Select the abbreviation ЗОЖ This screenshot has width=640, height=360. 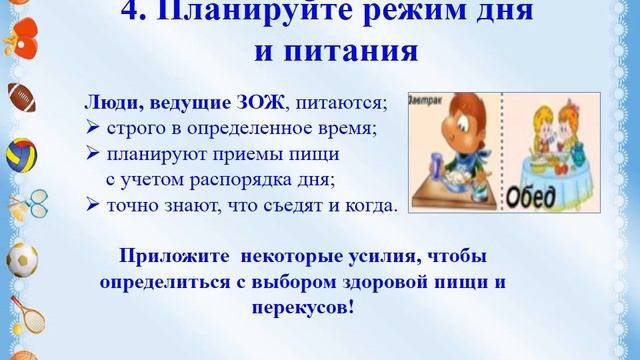click(247, 101)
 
